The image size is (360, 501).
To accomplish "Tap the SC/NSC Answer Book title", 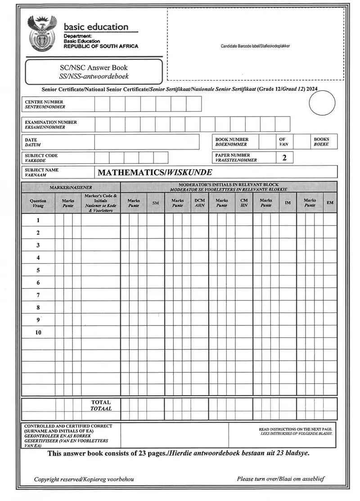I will tap(94, 68).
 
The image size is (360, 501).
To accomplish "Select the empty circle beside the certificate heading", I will tap(322, 104).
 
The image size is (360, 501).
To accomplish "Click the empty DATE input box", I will tap(146, 142).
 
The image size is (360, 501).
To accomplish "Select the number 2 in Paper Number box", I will tap(284, 158).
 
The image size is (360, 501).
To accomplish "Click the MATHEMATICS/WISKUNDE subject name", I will tap(155, 172).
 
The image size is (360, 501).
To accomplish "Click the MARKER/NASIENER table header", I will tap(71, 187).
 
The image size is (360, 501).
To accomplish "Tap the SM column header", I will tap(155, 203).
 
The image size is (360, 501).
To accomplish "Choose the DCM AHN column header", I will tap(199, 203).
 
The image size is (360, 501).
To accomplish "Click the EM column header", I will tap(330, 203).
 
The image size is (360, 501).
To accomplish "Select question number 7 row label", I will tap(38, 295).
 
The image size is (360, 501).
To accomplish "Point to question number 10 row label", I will tap(38, 333).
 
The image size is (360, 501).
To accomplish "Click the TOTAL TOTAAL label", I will tap(101, 405).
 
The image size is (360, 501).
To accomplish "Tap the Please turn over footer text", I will tap(280, 479).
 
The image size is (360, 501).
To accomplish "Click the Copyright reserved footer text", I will tap(84, 479).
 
